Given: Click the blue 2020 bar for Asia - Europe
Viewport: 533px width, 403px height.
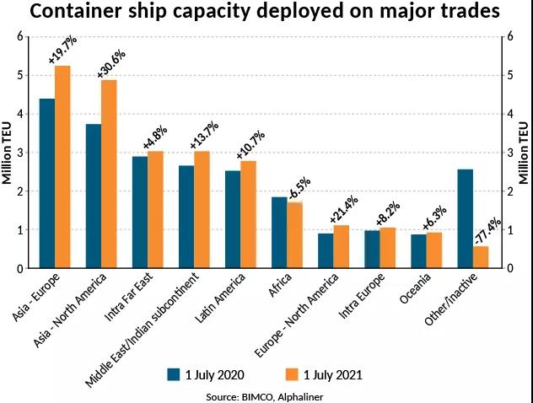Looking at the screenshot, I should (x=47, y=184).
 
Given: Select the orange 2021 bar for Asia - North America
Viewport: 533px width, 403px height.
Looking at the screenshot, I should (x=109, y=175).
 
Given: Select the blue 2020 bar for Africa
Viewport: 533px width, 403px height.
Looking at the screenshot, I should (x=279, y=233).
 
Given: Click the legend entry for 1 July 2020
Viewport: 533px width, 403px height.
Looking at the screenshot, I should (x=206, y=374).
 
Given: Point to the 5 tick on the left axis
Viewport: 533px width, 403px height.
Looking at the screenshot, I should (x=20, y=75).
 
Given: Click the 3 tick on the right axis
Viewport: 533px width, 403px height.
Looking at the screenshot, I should (x=513, y=153).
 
